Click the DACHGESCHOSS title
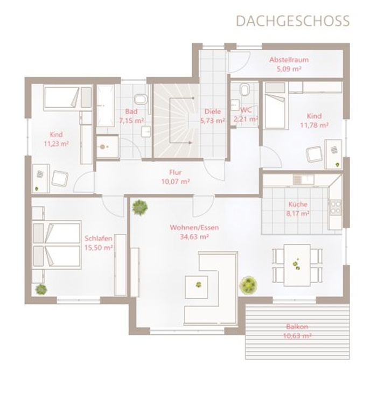[x=293, y=21]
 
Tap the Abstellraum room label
[x=289, y=60]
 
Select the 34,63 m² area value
[x=194, y=236]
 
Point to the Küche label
[x=298, y=204]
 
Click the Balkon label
[x=297, y=327]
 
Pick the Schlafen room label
[x=99, y=238]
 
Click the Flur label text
[x=176, y=172]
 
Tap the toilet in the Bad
[x=141, y=99]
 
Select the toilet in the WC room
[x=245, y=89]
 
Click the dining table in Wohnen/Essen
[x=297, y=265]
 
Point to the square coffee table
[x=196, y=287]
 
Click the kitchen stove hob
[x=336, y=207]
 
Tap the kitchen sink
[x=304, y=179]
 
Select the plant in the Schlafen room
[x=41, y=289]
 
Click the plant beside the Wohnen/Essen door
[x=139, y=207]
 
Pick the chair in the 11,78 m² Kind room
[x=314, y=154]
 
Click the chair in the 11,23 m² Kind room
[x=60, y=178]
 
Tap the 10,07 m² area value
[x=176, y=181]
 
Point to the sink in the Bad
[x=146, y=131]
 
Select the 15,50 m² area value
[x=99, y=248]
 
